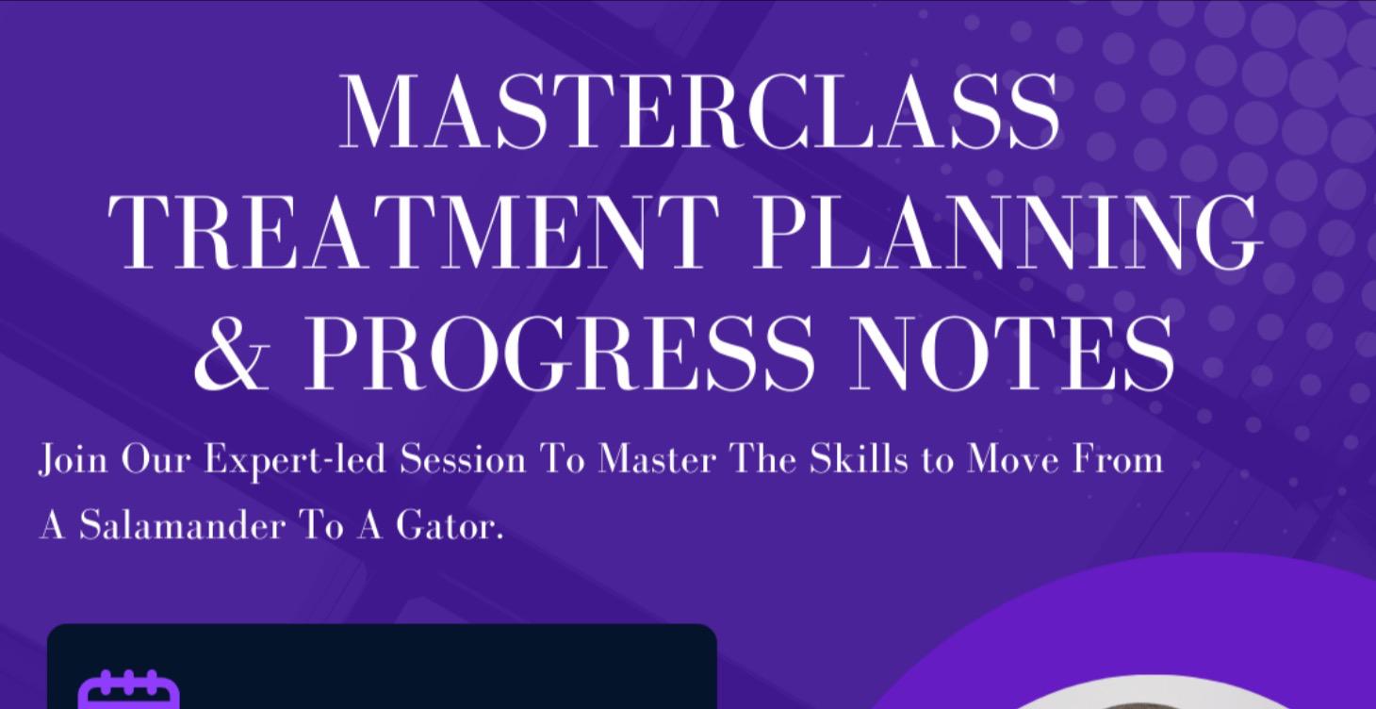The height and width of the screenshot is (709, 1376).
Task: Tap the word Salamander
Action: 180,525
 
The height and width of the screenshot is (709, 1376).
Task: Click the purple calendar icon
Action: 128,691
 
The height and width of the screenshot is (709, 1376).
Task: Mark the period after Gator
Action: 500,536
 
